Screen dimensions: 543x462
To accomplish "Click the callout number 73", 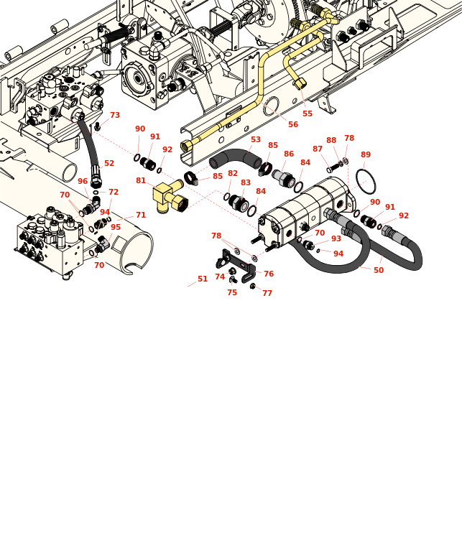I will [115, 116].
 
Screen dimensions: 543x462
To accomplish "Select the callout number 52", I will [109, 164].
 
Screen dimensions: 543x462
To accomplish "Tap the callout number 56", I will [293, 125].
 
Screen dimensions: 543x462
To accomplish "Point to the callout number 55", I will [308, 114].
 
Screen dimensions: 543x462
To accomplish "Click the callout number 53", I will [256, 140].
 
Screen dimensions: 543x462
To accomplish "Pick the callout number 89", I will [366, 155].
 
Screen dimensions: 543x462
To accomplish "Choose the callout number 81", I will [141, 181].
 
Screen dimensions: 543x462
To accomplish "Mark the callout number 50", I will [379, 271].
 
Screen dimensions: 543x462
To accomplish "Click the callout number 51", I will [203, 279].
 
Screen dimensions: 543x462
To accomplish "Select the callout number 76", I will [269, 274].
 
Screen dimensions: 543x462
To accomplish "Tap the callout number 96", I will [83, 182].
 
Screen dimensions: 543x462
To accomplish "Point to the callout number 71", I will [141, 215].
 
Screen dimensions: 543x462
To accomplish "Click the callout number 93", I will [336, 239].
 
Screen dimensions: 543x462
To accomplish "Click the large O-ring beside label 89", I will [366, 182].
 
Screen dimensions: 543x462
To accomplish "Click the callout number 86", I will [289, 154].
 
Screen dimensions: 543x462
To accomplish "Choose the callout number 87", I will [318, 149].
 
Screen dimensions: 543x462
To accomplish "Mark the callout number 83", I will [246, 183].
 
